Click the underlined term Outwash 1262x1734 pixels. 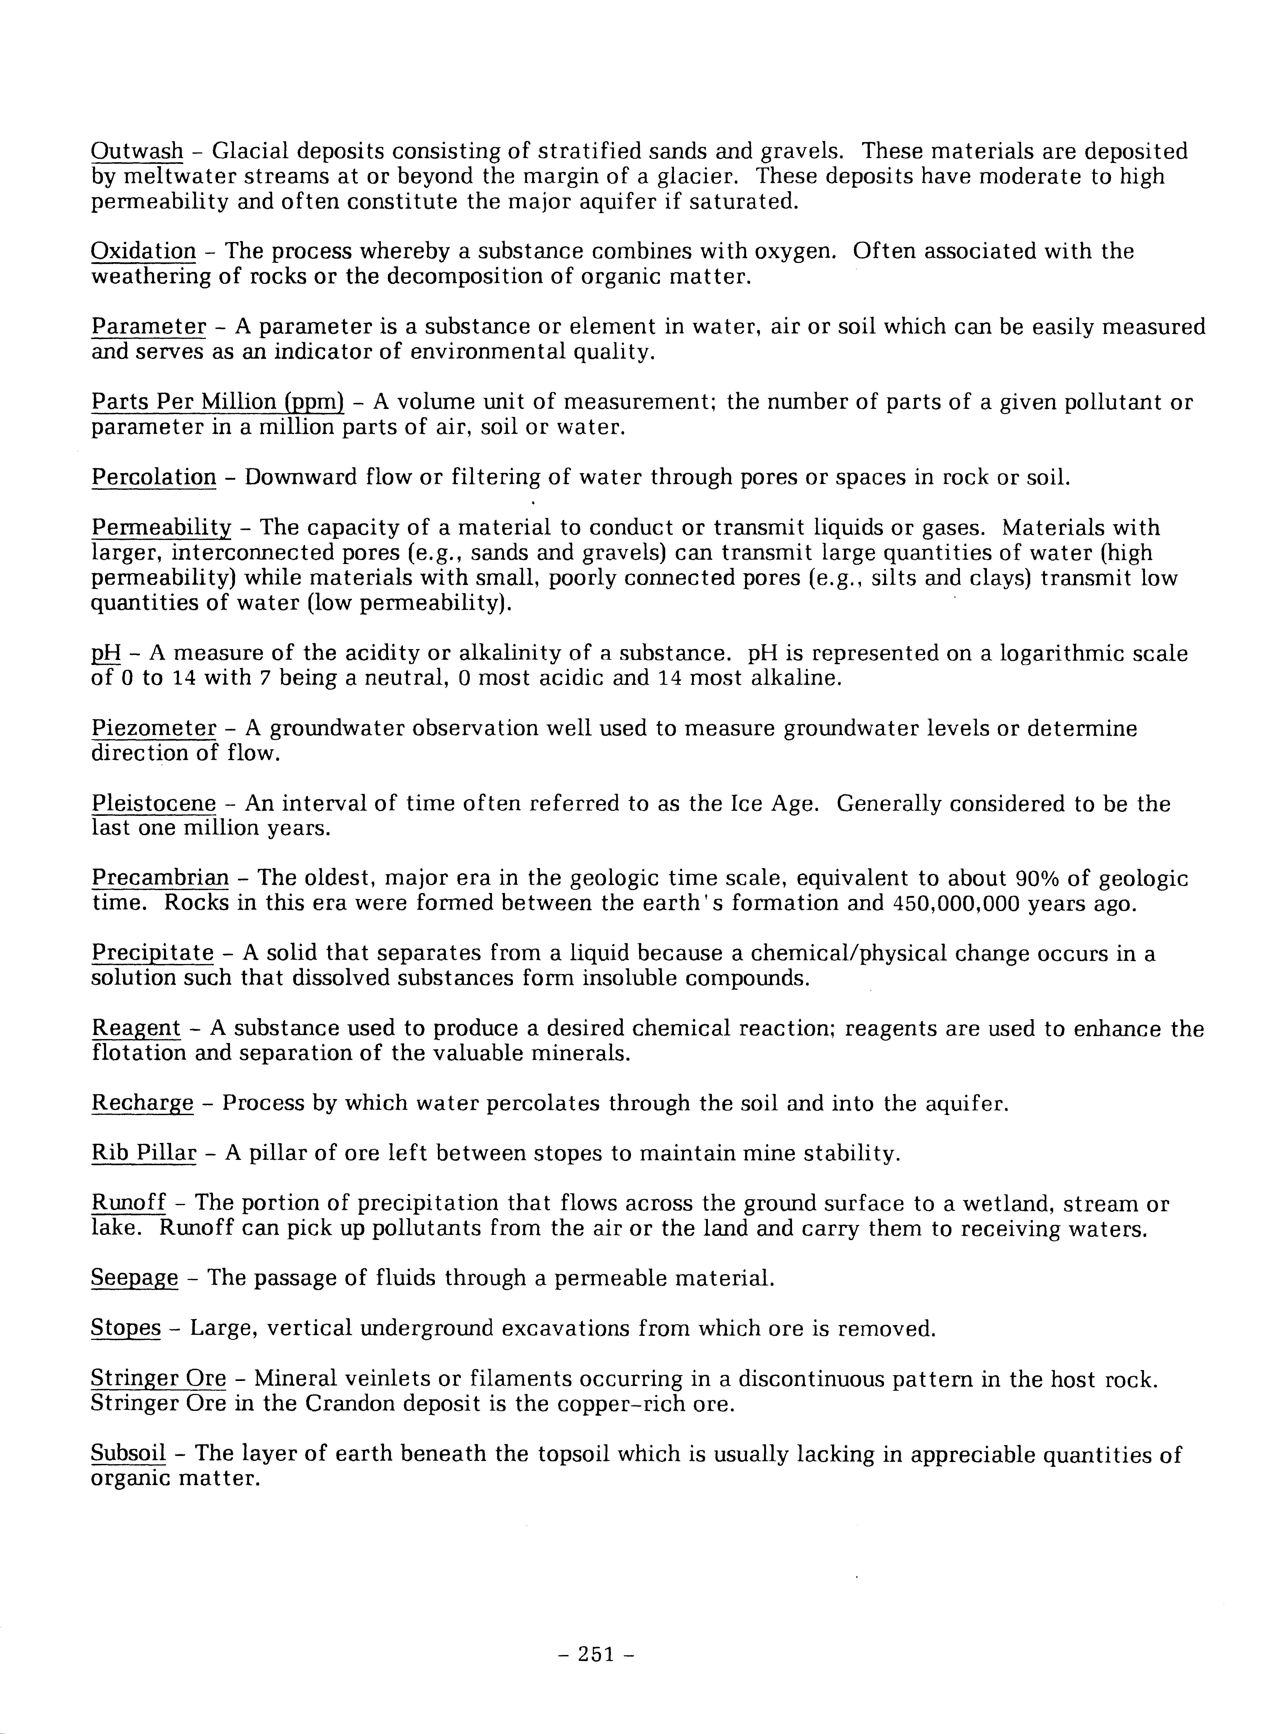pos(137,151)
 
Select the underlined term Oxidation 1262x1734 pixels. pos(143,252)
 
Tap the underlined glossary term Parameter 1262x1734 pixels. pos(148,327)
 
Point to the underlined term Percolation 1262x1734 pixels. pos(154,478)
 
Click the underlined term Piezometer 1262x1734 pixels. pos(154,729)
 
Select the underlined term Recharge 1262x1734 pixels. pos(142,1104)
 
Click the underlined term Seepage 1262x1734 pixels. pos(135,1278)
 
